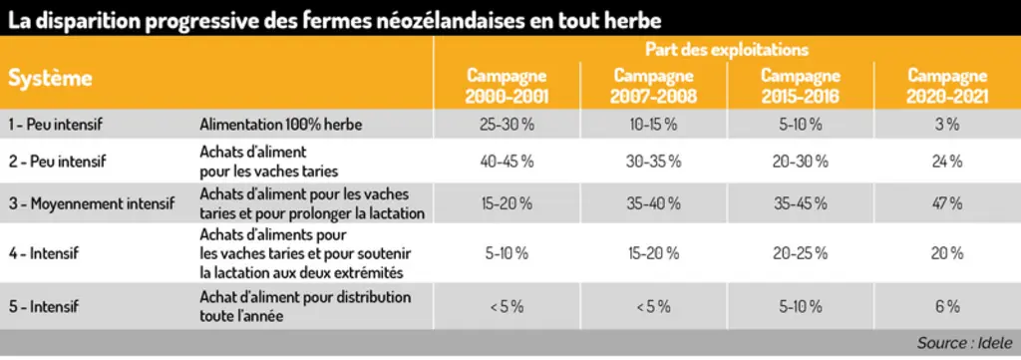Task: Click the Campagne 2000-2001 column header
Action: pos(507,86)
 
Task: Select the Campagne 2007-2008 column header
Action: pos(653,86)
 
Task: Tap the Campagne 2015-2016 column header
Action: pos(801,86)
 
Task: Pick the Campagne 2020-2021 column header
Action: pos(947,86)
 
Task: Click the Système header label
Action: pos(50,79)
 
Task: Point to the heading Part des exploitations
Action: pos(727,49)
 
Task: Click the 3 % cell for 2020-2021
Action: pos(947,125)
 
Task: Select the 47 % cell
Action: pos(947,203)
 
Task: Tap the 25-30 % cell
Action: pos(507,125)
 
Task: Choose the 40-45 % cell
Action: pos(507,162)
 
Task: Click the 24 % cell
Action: pos(947,162)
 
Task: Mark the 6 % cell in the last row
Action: pos(947,306)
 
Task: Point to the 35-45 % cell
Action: pos(801,203)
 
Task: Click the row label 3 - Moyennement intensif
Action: pos(91,203)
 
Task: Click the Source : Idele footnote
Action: pos(964,342)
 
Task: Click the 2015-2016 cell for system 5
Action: pos(801,306)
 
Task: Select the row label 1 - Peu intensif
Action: pos(55,125)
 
